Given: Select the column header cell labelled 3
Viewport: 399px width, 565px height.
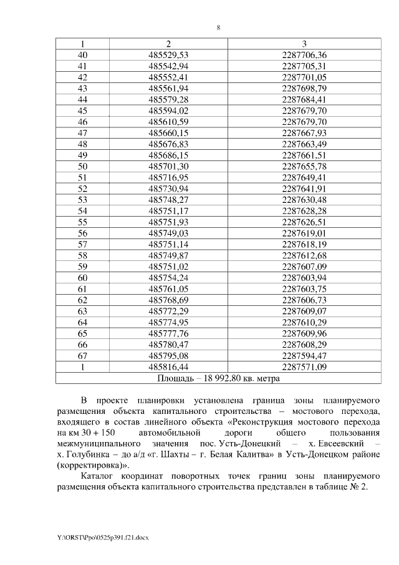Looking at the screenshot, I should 304,44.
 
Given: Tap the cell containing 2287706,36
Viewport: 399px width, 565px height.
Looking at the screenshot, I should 304,54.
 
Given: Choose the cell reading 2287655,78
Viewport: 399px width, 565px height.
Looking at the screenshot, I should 304,166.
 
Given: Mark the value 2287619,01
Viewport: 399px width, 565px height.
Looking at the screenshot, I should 304,233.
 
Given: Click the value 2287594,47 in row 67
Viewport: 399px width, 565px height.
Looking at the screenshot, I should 304,355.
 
